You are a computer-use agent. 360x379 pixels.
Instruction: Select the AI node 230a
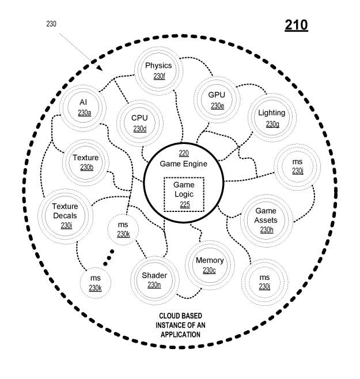[84, 107]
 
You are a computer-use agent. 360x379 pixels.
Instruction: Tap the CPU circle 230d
[139, 122]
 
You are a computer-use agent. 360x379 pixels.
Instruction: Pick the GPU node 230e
[217, 99]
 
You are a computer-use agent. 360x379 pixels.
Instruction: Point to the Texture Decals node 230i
[65, 216]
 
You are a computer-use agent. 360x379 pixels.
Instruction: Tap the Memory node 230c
[209, 265]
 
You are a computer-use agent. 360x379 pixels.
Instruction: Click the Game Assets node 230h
[266, 221]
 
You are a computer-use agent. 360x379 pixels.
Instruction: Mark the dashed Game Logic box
[184, 194]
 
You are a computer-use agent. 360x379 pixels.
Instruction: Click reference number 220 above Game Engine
[184, 153]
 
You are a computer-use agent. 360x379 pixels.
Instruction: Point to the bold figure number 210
[296, 25]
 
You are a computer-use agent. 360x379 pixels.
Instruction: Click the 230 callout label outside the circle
[51, 24]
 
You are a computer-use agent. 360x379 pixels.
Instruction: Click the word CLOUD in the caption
[172, 317]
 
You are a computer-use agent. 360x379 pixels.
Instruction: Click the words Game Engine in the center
[184, 164]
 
